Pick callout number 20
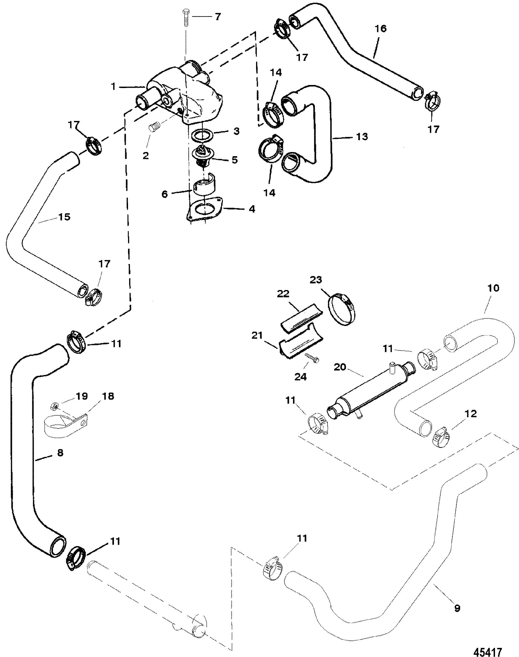point(340,367)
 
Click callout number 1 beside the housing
point(113,87)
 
